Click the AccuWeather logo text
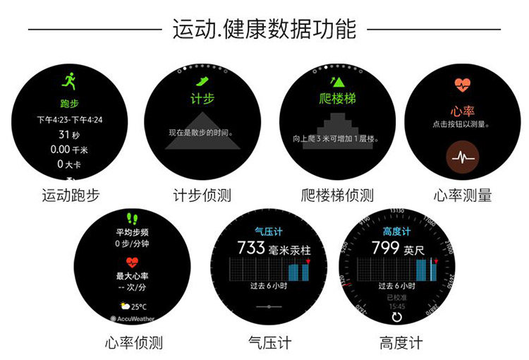coord(136,318)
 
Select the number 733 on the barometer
coord(250,248)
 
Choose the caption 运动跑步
coord(71,196)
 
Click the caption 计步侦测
coord(202,196)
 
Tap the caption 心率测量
coord(463,196)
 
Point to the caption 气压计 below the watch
coord(269,344)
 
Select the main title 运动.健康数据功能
coord(264,29)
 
